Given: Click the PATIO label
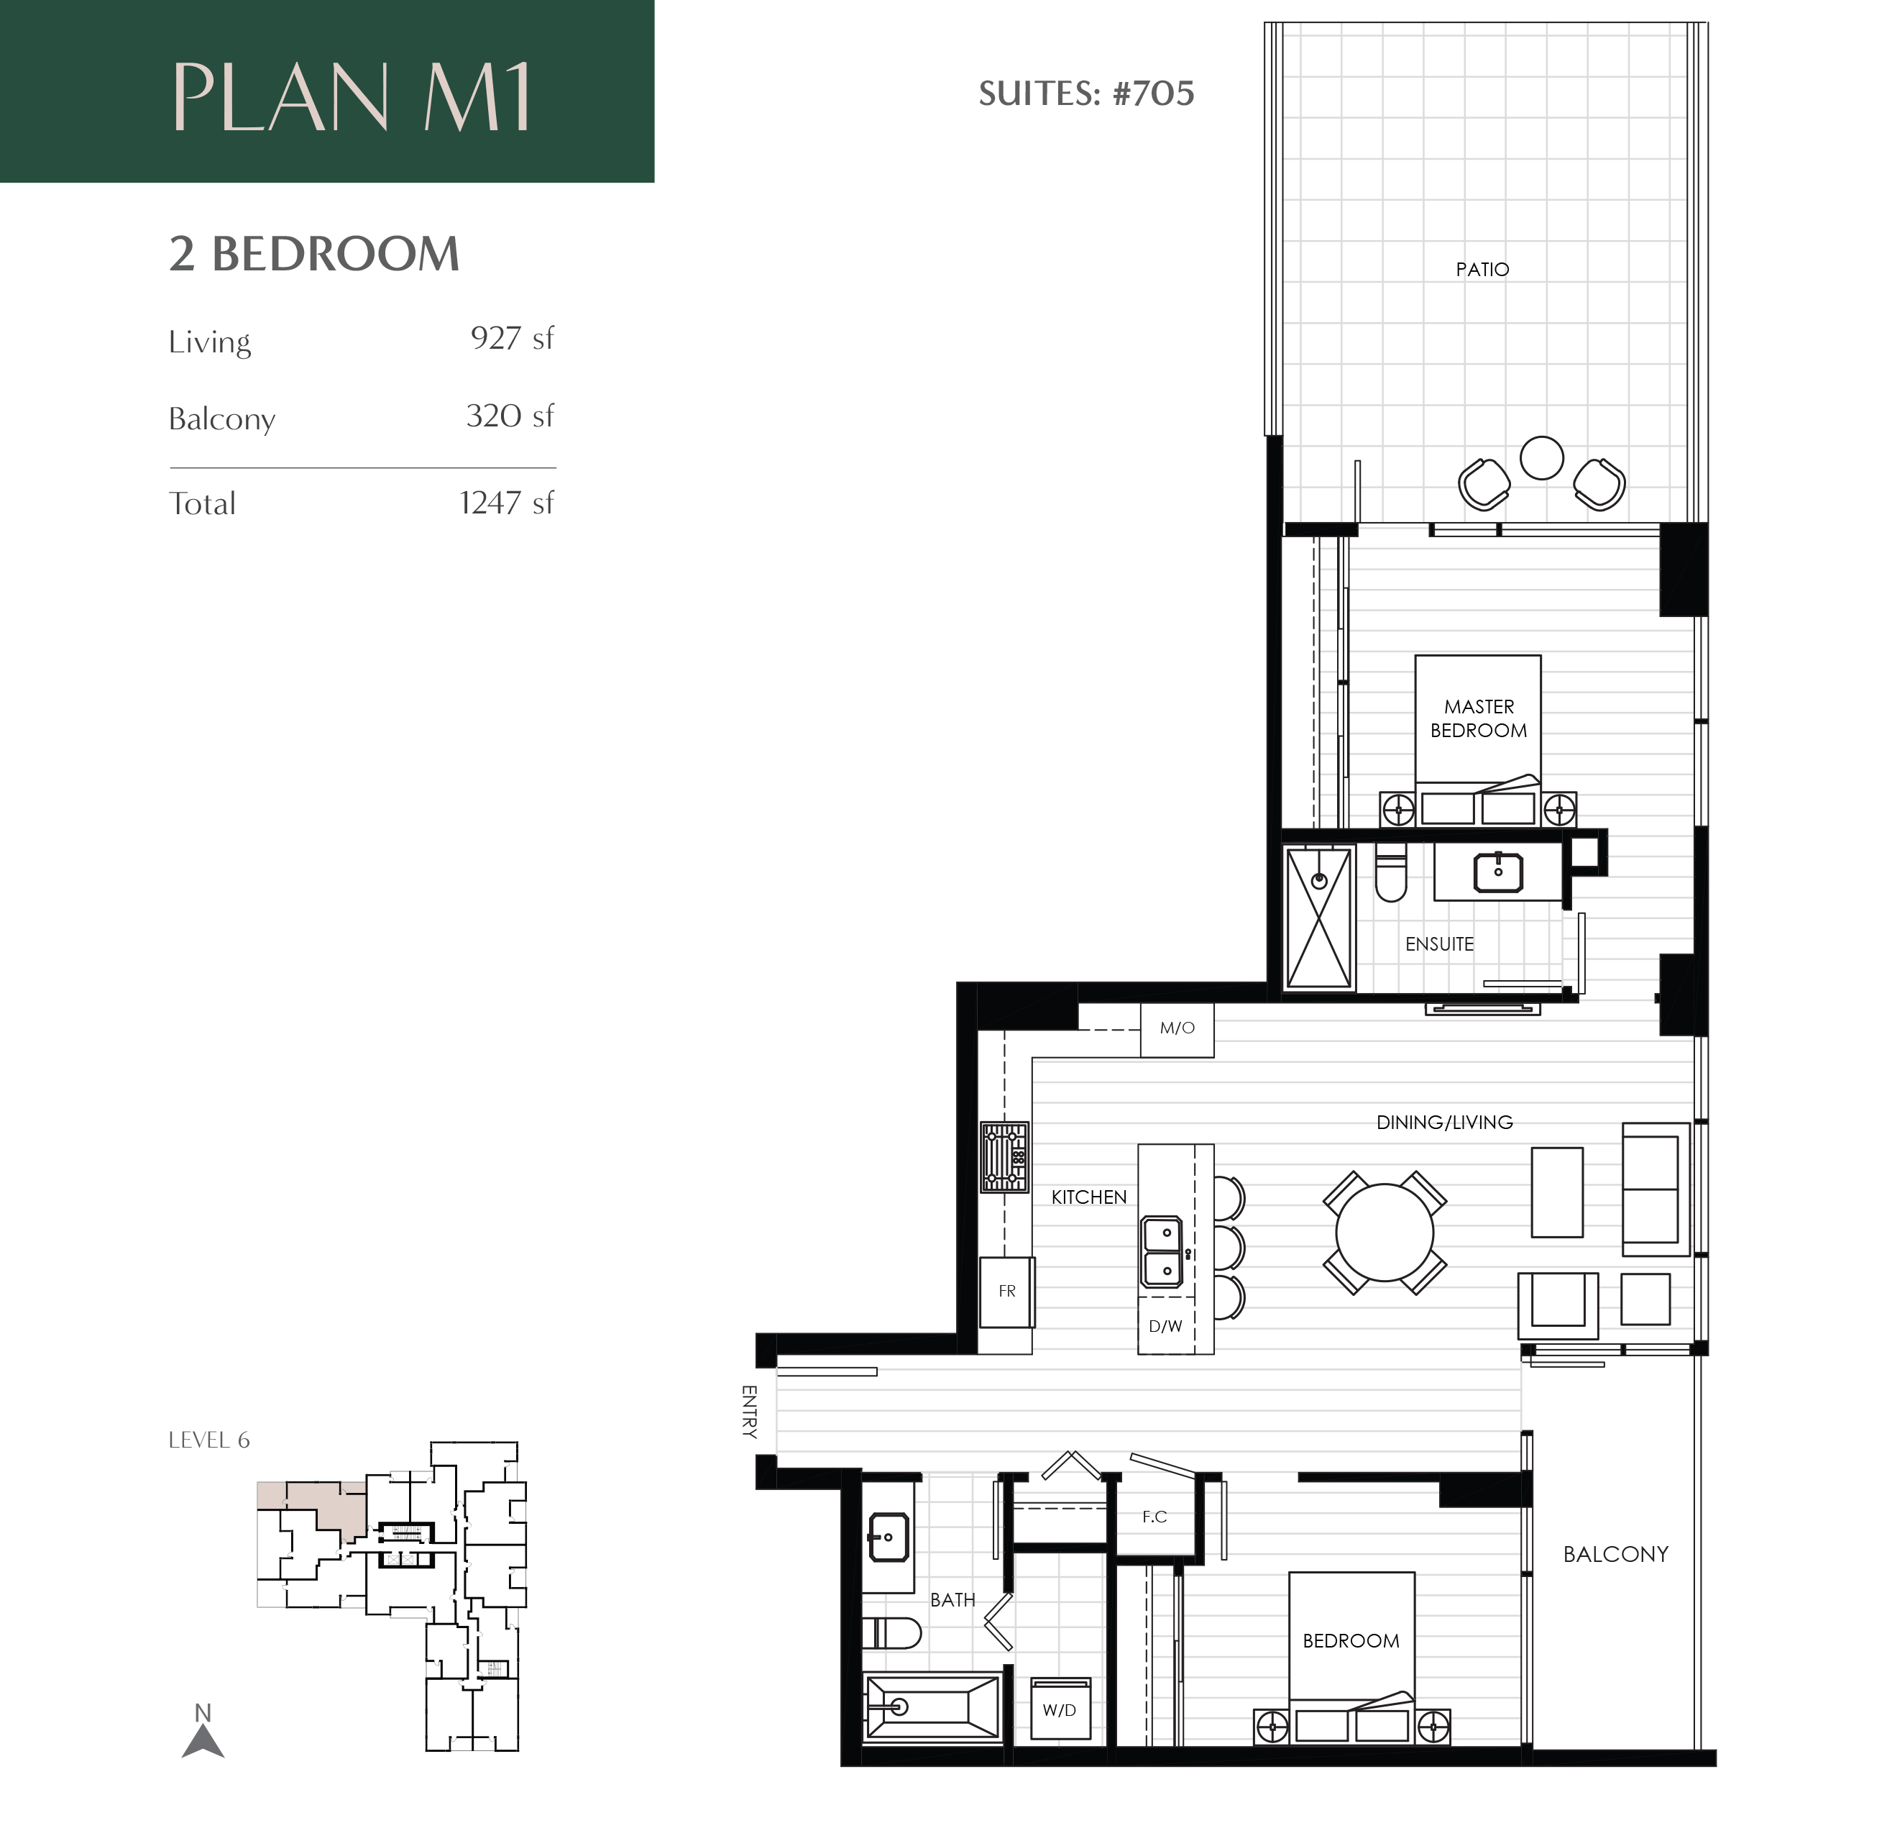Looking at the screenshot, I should (1482, 270).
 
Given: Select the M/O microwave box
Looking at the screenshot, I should (1177, 1028).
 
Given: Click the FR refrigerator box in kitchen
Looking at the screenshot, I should (1007, 1292).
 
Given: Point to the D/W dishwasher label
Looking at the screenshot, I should (1165, 1326).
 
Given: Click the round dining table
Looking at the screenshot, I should (1384, 1233).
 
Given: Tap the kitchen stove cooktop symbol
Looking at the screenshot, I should (1004, 1156).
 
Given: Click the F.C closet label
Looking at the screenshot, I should (1154, 1517).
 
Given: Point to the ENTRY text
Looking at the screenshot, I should (748, 1411).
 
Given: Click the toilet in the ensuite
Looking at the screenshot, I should (1391, 872).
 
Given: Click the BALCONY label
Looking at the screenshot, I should (1615, 1554).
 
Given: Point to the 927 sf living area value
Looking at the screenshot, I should (512, 339).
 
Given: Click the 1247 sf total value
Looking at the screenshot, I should (506, 503).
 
